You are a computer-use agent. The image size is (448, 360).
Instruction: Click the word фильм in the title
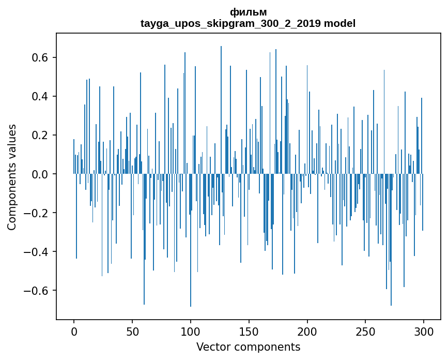(248, 12)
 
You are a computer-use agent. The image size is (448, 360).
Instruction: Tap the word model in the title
(339, 23)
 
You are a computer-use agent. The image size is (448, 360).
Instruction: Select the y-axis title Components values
(12, 177)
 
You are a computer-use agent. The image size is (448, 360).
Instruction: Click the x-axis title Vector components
(248, 347)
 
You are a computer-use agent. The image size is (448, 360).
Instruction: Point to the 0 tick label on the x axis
(74, 331)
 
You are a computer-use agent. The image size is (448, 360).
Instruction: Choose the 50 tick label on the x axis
(132, 331)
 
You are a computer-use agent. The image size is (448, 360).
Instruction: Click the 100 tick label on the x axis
(191, 331)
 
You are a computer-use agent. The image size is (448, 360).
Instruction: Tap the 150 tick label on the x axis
(249, 331)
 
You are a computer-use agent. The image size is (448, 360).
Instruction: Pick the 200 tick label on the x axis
(307, 331)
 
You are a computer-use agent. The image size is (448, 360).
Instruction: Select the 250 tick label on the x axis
(366, 331)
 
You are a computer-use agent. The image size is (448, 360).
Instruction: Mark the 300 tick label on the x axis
(424, 331)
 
